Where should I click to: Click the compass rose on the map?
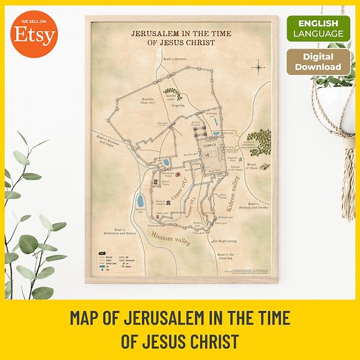click(x=258, y=66)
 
